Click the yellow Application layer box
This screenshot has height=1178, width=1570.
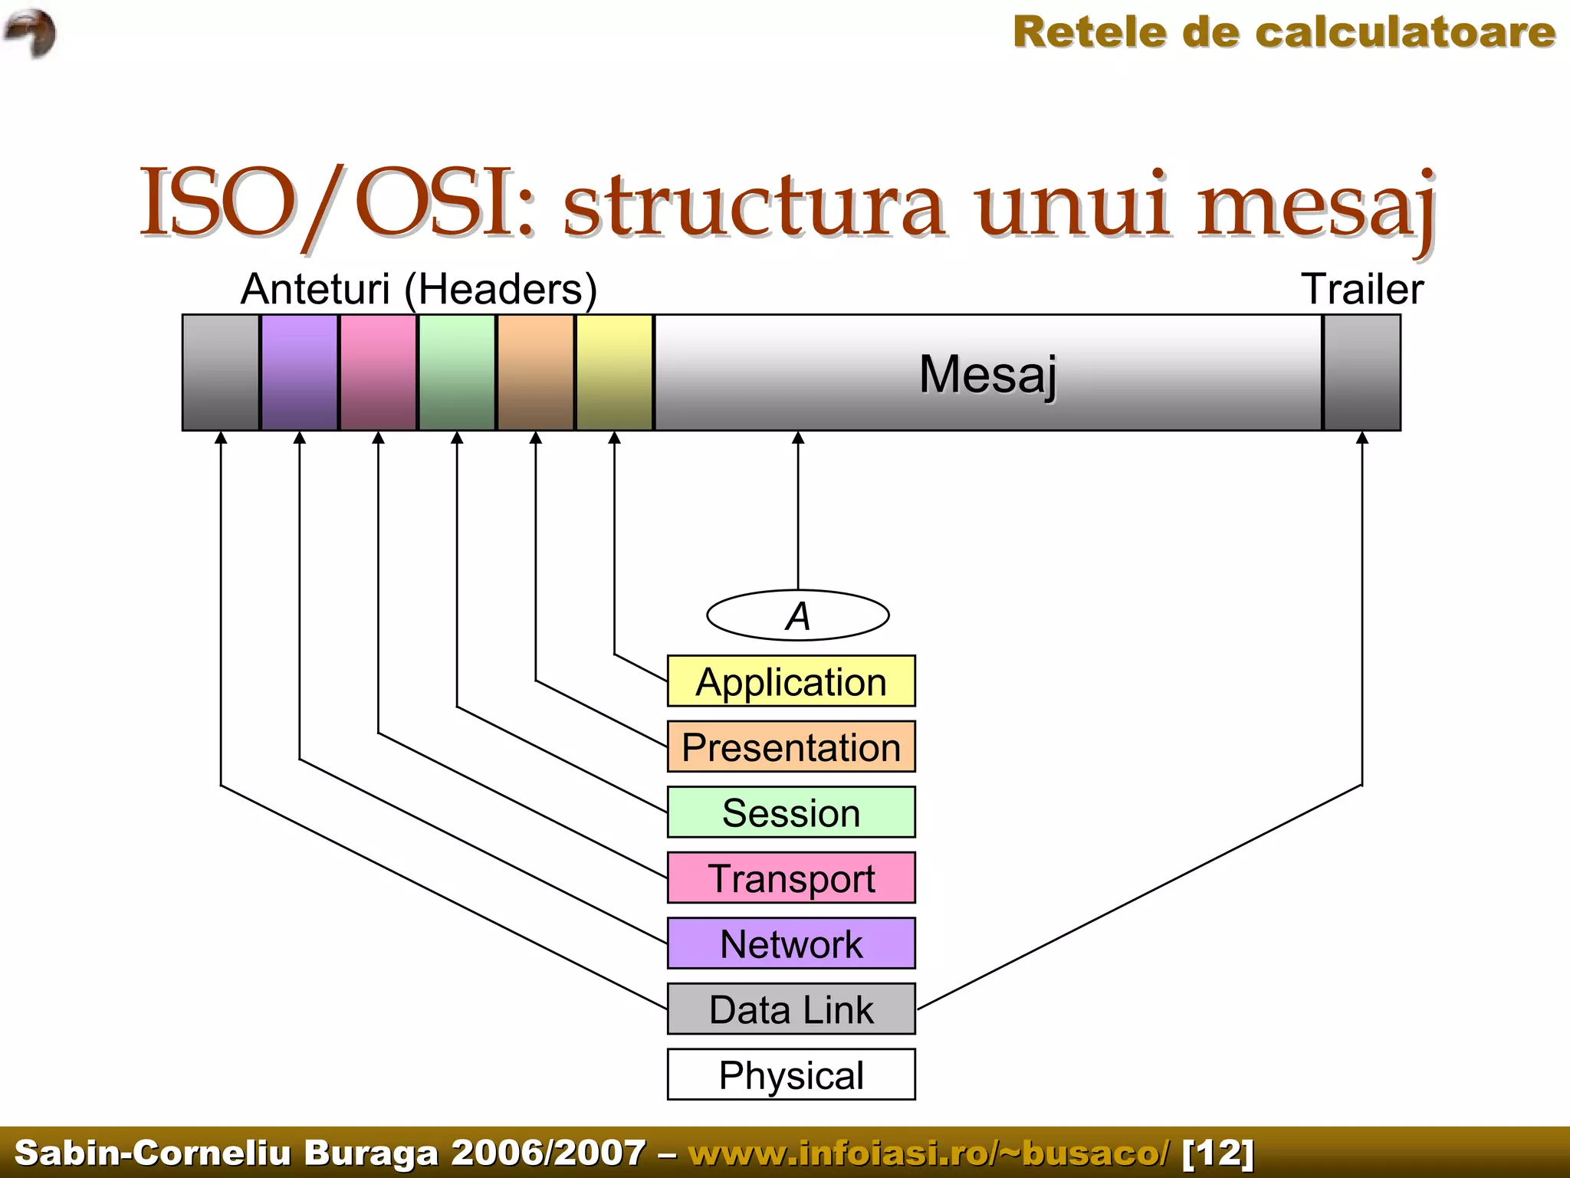click(x=791, y=681)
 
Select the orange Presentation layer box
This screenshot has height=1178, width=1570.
click(x=791, y=747)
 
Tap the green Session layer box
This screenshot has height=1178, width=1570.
click(x=791, y=812)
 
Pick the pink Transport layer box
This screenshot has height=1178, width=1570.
click(x=791, y=878)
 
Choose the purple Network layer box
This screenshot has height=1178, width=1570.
click(x=791, y=943)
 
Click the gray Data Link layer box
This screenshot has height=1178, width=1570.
click(x=791, y=1009)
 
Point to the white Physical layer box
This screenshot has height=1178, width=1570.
click(x=791, y=1075)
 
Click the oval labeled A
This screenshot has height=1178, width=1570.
click(x=798, y=615)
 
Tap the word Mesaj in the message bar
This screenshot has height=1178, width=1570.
click(x=987, y=374)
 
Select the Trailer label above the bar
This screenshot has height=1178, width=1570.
click(x=1362, y=290)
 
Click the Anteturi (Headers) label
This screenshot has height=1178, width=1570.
click(x=419, y=290)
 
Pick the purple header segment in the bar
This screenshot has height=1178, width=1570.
click(x=300, y=372)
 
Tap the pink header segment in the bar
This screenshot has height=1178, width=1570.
click(x=379, y=372)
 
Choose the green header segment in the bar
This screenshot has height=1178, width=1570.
click(x=457, y=372)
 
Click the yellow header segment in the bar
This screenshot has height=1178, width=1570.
click(x=615, y=372)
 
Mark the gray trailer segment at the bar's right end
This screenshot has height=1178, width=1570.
click(x=1362, y=372)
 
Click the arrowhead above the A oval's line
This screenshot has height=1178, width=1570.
click(x=798, y=438)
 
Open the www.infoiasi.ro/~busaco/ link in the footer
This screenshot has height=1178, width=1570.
click(x=929, y=1153)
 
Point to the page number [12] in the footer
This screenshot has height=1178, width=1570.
click(x=1218, y=1153)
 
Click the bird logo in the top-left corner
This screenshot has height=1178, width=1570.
click(x=31, y=32)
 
